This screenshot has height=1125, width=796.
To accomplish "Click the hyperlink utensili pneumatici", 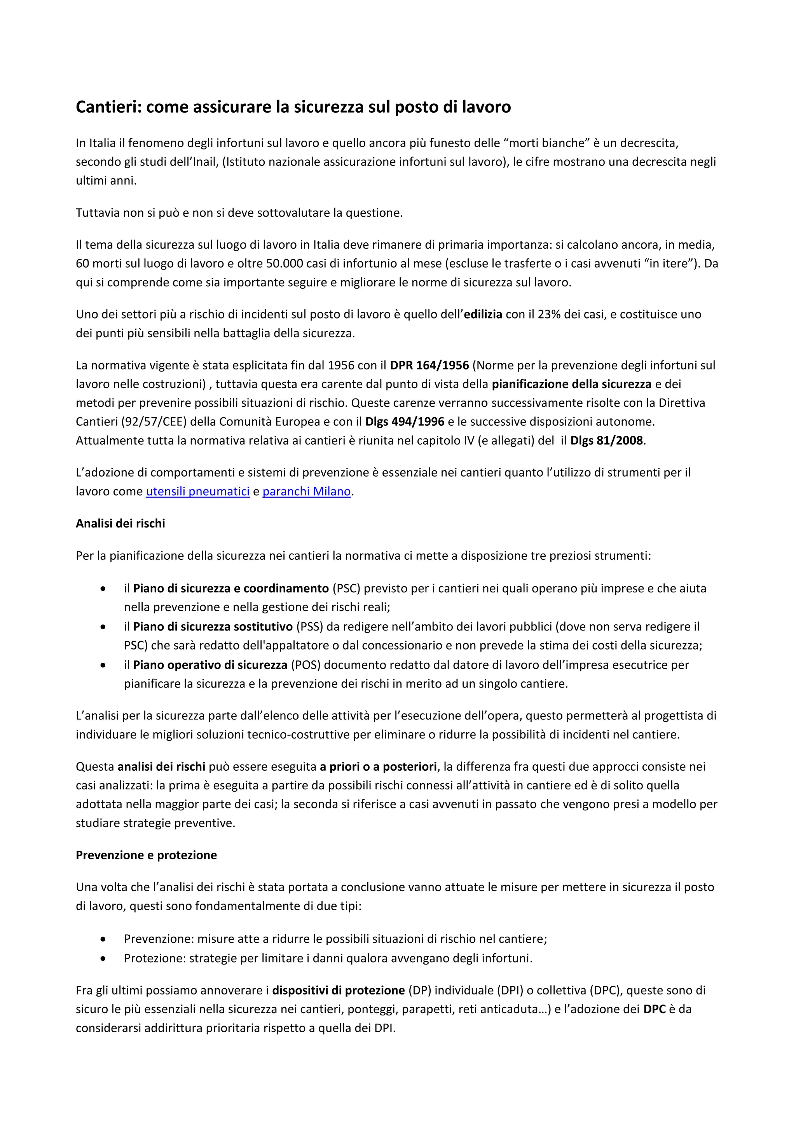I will pos(197,491).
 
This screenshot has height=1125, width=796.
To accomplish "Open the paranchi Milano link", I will pos(306,491).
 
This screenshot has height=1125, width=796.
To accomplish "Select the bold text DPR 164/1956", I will pos(429,365).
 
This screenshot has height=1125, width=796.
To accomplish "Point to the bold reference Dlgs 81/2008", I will pos(606,440).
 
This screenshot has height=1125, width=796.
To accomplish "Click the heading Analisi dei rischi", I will pos(120,523).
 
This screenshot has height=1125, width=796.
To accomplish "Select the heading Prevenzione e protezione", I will pos(146,855).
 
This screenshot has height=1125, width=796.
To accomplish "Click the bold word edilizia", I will pos(483,314).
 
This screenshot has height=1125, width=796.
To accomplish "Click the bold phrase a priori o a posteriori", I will pos(378,766).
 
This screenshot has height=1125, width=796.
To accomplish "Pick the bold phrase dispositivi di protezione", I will pos(338,990).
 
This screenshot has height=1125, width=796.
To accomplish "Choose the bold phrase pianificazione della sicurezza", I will pos(571,384).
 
